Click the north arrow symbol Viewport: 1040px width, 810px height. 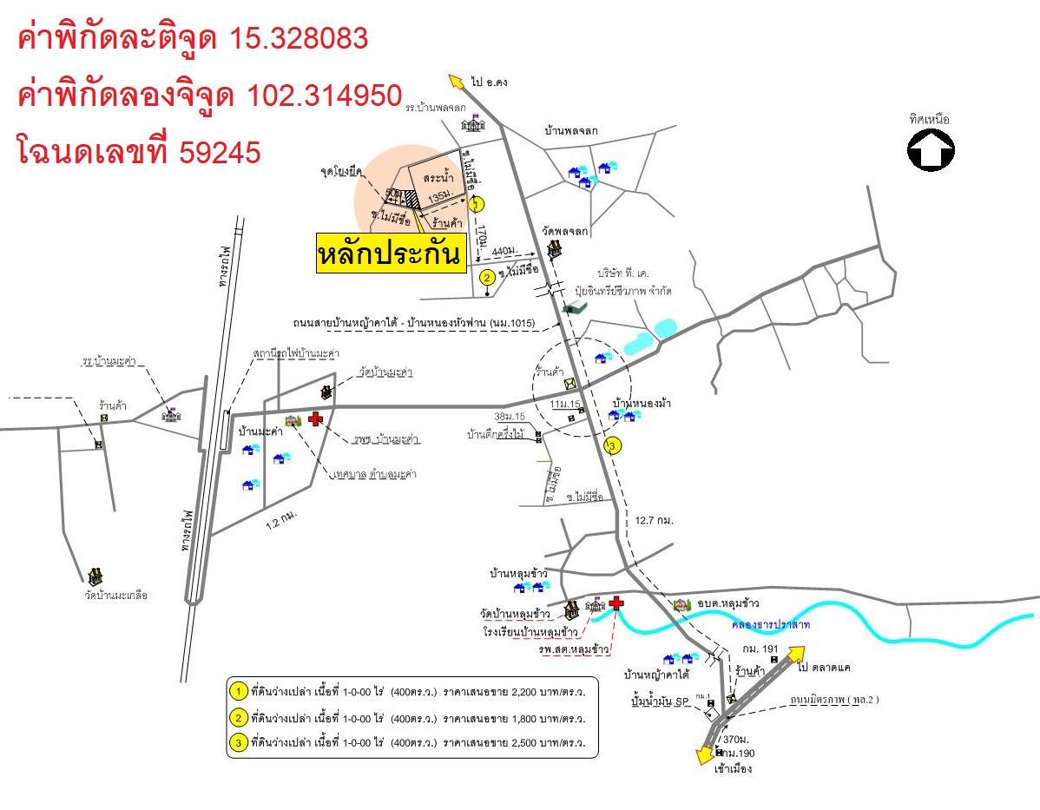[931, 150]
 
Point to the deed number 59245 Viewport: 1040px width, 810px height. [220, 152]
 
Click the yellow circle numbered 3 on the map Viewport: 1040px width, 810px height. [613, 446]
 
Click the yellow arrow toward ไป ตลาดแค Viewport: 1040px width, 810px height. [793, 654]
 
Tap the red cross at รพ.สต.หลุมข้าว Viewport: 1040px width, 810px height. [616, 603]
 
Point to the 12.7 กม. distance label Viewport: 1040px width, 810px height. [655, 520]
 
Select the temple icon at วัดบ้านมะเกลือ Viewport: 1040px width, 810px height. [95, 576]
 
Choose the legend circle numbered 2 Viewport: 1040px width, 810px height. [238, 718]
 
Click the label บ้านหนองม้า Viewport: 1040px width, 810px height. [642, 404]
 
